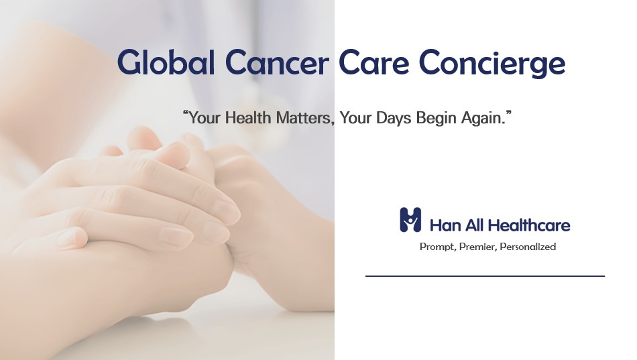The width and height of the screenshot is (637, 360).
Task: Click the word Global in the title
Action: coord(166,62)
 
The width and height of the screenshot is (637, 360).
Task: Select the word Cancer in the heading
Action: coord(277,62)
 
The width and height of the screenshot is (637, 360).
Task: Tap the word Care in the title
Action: coord(373,62)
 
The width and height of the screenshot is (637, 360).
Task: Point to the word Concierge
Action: coord(492,64)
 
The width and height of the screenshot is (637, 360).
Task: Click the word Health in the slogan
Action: coord(248,118)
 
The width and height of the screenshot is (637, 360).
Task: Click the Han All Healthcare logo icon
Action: coord(410,220)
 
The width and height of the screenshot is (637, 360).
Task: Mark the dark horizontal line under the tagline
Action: coord(485,276)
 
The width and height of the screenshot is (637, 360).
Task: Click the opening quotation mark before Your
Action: coord(186,114)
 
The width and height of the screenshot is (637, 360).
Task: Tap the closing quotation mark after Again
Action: coord(508,114)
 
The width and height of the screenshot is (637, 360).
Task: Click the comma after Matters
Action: coord(333,123)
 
